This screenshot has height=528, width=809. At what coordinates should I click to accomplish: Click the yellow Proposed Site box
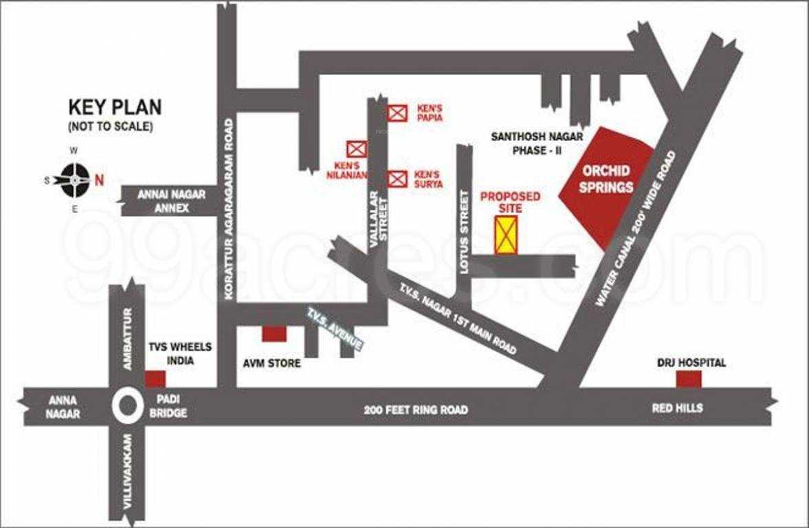pos(507,234)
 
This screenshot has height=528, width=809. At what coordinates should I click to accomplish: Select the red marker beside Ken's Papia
pos(397,113)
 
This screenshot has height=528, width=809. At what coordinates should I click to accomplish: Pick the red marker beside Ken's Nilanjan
pos(356,148)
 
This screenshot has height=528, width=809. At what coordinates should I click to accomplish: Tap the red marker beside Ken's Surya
pos(397,179)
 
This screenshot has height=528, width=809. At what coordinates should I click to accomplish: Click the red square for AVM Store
pos(274,334)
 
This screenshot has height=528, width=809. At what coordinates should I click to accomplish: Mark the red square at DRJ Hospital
pos(688,379)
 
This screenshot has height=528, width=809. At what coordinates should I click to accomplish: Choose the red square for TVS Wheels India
pos(155,379)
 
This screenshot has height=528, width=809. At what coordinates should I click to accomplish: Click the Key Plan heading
pos(115,107)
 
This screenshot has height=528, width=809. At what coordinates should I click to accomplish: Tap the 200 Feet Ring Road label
pos(416,410)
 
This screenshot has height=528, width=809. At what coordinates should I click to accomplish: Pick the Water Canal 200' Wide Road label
pos(635,230)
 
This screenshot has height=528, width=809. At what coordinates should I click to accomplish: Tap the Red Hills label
pos(677,408)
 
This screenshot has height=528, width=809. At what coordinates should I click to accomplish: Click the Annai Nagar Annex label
pos(171,201)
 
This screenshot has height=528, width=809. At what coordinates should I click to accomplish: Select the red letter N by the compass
pos(100,181)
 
